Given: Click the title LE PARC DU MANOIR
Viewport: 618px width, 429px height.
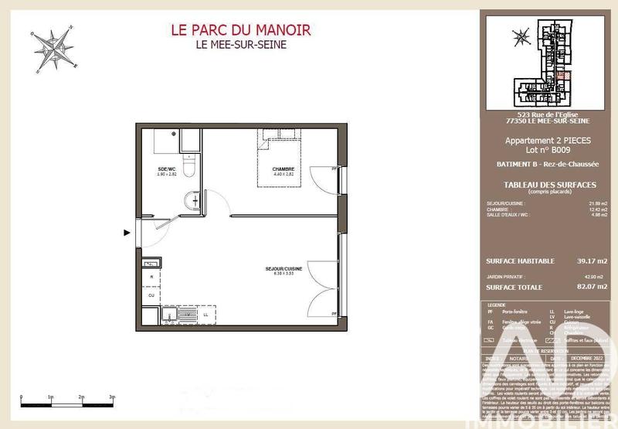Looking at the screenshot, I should [240, 30].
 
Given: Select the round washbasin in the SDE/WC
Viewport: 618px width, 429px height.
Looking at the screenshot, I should [193, 202].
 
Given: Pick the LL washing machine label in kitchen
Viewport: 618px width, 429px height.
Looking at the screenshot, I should [206, 315].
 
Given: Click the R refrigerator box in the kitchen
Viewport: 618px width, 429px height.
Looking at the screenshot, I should [151, 277].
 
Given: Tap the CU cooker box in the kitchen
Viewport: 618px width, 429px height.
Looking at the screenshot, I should [151, 295].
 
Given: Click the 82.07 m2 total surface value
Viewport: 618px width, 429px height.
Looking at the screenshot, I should [590, 288].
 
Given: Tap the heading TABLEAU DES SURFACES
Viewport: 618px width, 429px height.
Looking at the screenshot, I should [549, 183].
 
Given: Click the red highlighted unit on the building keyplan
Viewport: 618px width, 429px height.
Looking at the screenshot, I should [562, 76].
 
